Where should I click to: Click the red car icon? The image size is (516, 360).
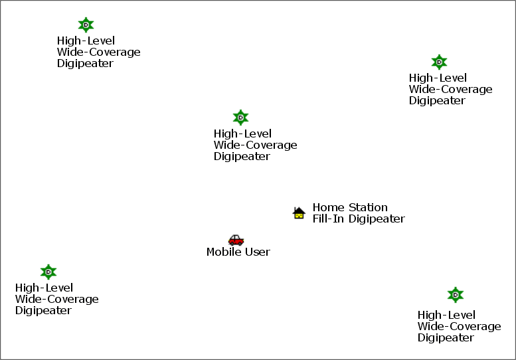pos(236,240)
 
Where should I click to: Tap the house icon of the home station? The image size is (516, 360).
pos(299,213)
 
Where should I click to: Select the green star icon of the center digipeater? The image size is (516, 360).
pos(240,118)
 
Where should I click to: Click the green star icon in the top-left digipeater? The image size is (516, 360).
pos(86,25)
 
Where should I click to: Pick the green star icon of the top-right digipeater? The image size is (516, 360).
pos(439,62)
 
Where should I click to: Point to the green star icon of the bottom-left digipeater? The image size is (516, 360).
pos(48,272)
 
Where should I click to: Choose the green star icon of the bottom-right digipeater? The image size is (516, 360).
pos(456,295)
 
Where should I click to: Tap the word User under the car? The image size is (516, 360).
pos(258,252)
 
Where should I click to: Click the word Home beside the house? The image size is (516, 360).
pos(329,207)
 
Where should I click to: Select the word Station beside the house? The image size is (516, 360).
pos(368,207)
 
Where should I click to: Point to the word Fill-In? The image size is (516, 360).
pos(328,219)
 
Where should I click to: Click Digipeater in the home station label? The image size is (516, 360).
pos(377,219)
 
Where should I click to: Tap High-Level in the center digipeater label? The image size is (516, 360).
pos(242,134)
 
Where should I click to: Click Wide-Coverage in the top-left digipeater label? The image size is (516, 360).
pos(99,52)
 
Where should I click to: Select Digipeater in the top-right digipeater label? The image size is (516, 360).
pos(437,101)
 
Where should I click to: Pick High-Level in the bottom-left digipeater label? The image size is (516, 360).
pos(44,288)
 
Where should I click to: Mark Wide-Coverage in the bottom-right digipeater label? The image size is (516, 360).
pos(460,326)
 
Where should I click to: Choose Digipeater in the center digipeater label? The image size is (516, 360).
pos(242,156)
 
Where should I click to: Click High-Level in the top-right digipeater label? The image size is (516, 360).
pos(438,78)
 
